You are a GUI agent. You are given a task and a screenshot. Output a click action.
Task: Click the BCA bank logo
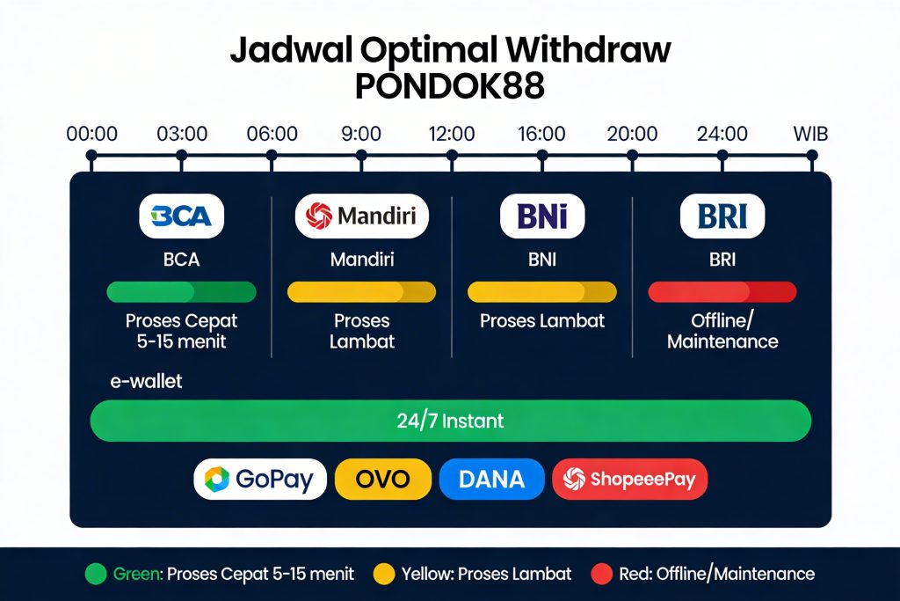tap(181, 216)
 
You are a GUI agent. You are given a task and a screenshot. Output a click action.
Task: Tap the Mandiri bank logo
tap(361, 216)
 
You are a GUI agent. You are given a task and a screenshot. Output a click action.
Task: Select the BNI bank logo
tap(541, 216)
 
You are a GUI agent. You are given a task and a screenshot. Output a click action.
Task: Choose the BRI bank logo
tap(722, 216)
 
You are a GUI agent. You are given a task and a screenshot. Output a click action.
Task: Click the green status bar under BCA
tap(181, 292)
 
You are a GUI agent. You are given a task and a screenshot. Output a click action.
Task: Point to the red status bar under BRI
tap(722, 292)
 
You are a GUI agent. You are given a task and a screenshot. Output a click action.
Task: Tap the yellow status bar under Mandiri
tap(361, 292)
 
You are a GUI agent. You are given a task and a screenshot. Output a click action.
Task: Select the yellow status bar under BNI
tap(541, 292)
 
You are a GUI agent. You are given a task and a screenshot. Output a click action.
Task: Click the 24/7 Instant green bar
tap(450, 421)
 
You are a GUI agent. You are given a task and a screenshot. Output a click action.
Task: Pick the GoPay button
tap(259, 480)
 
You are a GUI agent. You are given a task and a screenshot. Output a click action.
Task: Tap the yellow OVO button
tap(383, 480)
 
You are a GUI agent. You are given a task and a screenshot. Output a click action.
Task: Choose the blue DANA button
tap(491, 480)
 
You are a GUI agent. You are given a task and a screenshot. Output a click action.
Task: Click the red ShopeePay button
tap(629, 480)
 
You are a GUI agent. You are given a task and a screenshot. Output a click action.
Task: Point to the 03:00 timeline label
tap(182, 135)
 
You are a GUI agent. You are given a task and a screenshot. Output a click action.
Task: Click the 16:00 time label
tap(541, 135)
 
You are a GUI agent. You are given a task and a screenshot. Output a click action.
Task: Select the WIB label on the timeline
tap(810, 135)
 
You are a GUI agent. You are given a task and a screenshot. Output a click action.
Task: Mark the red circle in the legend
tap(601, 574)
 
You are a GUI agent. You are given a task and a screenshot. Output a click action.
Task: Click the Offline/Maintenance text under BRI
tap(722, 331)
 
